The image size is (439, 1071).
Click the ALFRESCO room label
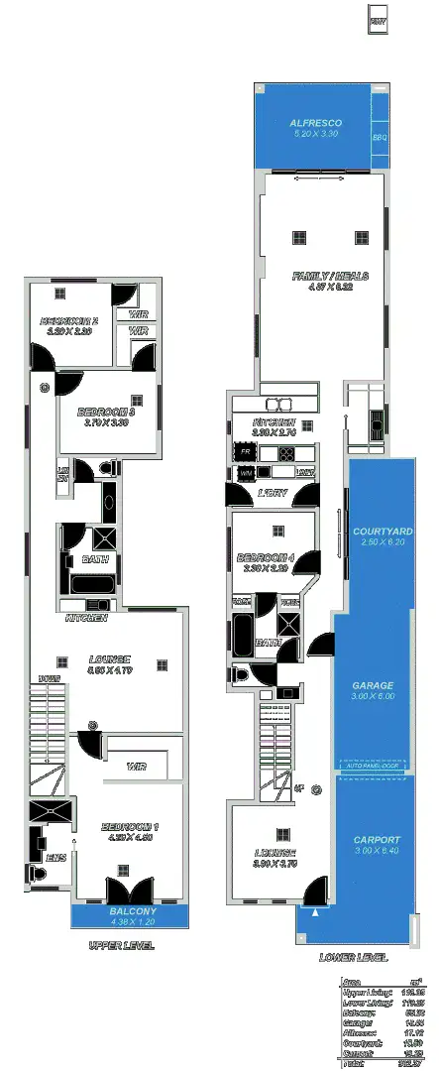pyautogui.click(x=315, y=123)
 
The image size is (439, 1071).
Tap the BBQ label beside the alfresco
pyautogui.click(x=379, y=138)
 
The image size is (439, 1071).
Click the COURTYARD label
pyautogui.click(x=382, y=532)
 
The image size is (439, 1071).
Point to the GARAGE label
pyautogui.click(x=373, y=685)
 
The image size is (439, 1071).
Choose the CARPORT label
pyautogui.click(x=376, y=839)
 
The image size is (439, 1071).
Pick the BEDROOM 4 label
pyautogui.click(x=263, y=557)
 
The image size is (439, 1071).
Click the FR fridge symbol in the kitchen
pyautogui.click(x=245, y=452)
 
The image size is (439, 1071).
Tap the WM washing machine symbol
pyautogui.click(x=245, y=474)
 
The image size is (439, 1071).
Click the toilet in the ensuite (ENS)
pyautogui.click(x=38, y=874)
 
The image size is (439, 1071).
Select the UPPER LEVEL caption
pyautogui.click(x=121, y=946)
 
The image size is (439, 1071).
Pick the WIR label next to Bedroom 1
pyautogui.click(x=137, y=767)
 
